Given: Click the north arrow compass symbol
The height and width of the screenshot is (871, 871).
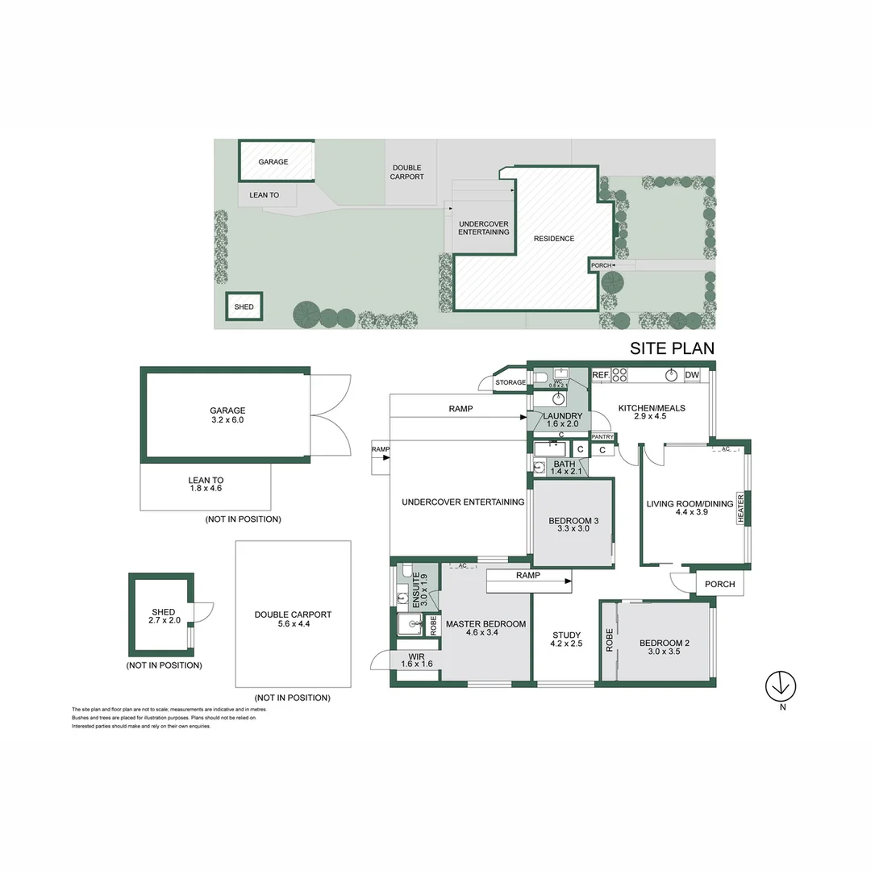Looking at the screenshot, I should [780, 686].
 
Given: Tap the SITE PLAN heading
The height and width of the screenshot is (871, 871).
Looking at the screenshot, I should [671, 348].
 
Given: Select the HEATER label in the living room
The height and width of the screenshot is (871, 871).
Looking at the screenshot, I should [740, 508].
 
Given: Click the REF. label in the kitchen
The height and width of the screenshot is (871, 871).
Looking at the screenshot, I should [601, 375].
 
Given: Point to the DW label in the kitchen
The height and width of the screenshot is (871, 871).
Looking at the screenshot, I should [692, 375].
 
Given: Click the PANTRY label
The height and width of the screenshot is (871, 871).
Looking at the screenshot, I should [602, 436].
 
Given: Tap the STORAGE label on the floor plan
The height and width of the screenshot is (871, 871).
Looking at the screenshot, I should [511, 382].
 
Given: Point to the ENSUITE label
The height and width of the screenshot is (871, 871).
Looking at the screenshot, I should [416, 590].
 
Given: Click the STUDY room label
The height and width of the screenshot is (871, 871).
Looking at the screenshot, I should [566, 635].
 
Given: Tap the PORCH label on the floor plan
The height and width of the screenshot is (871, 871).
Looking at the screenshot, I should [719, 585].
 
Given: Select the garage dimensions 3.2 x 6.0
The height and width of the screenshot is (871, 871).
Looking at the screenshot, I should [227, 420].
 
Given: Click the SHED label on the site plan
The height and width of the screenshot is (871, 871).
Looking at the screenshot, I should [244, 307].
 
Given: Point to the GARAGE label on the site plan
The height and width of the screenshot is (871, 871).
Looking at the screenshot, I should [273, 162].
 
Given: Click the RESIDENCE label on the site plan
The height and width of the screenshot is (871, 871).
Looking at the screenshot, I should [554, 239].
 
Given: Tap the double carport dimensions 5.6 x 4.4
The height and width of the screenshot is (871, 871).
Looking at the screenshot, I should [293, 624].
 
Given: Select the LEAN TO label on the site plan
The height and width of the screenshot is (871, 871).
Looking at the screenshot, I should [264, 195].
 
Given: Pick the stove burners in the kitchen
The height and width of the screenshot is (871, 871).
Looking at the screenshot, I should [620, 375].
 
